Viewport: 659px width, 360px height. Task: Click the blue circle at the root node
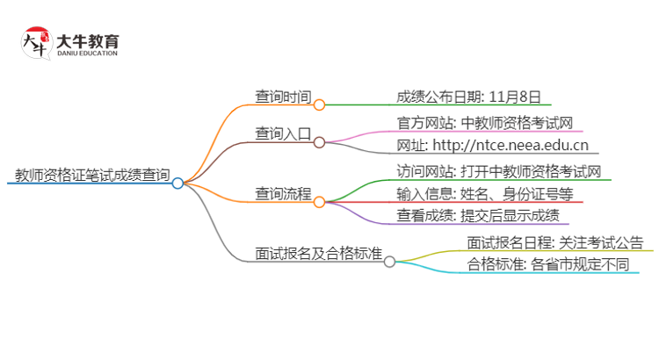pos(177,184)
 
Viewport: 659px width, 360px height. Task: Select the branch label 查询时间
pos(282,97)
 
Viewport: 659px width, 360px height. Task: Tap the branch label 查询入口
pos(282,134)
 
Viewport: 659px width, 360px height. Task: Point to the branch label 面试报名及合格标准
pos(318,254)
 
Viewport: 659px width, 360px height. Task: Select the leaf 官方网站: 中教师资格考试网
pos(485,123)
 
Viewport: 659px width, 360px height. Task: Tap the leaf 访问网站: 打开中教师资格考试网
pos(498,171)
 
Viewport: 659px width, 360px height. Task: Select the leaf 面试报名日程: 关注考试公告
pos(555,242)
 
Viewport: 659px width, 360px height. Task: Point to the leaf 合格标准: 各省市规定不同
pos(548,265)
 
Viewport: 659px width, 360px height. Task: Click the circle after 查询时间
pos(319,104)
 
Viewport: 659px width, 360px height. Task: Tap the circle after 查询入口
pos(319,141)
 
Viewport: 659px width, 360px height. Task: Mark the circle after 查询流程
pos(319,201)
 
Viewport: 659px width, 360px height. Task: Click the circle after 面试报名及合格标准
pos(389,261)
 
